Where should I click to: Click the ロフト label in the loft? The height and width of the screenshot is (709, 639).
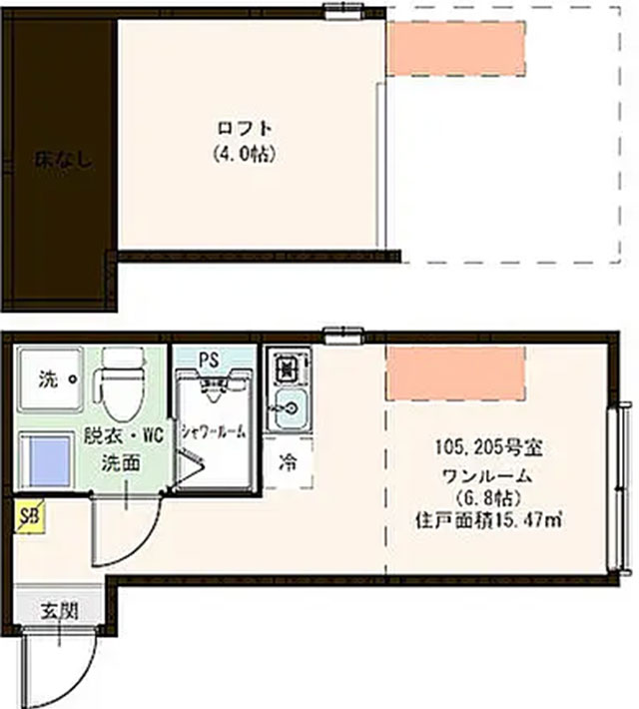245,130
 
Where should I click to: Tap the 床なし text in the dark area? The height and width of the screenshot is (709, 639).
63,161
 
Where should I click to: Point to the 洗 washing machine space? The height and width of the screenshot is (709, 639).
51,378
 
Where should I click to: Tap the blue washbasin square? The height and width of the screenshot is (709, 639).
47,460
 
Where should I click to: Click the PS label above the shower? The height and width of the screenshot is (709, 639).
209,359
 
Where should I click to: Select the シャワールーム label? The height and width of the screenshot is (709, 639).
214,431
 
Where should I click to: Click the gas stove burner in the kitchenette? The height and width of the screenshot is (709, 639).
287,368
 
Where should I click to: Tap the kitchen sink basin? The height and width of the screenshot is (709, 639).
290,409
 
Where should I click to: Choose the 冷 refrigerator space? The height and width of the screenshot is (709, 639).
289,461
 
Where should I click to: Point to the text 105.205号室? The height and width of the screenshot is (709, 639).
488,448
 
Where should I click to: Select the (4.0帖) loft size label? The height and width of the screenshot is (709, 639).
245,155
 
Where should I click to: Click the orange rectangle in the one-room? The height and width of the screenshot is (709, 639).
455,373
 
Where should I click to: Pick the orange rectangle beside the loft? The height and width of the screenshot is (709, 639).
456,48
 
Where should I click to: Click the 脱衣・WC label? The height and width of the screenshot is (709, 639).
124,436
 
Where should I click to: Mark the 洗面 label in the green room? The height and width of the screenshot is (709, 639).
120,462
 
